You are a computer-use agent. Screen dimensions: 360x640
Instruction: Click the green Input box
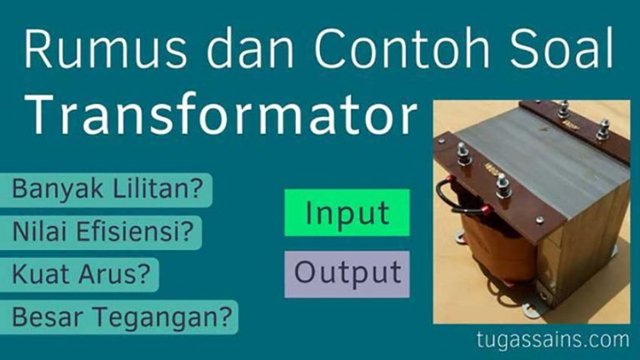(x=347, y=212)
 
